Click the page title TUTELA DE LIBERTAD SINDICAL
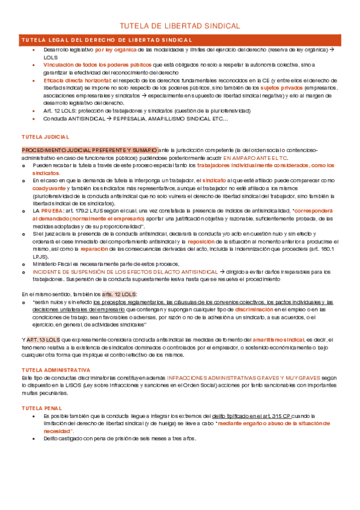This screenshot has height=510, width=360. coord(180,26)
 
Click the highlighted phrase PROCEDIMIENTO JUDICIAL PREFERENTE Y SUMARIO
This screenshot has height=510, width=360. coord(90,149)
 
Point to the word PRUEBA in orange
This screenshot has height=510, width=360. coord(53,212)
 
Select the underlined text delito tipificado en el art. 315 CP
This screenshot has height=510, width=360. coord(250,416)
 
